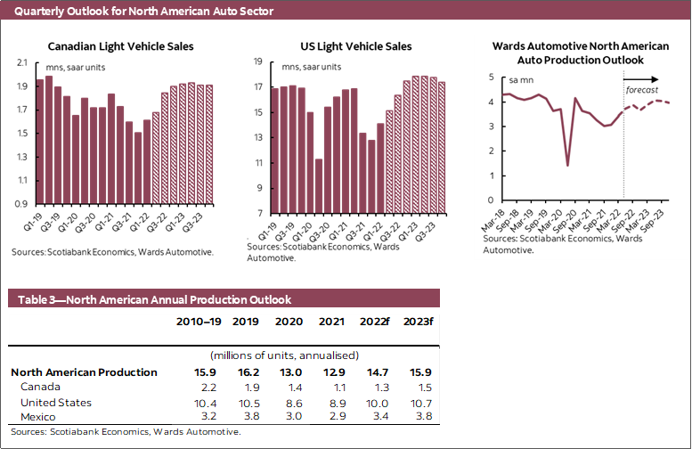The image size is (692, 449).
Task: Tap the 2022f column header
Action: point(373,322)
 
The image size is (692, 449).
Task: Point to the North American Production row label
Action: point(84,372)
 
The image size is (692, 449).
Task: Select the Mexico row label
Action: point(38,417)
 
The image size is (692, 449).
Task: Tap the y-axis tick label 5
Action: point(492,78)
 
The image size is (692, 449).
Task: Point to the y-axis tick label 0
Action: point(492,200)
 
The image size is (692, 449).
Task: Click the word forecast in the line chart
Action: point(642,91)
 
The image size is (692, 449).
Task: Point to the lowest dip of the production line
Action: point(567,166)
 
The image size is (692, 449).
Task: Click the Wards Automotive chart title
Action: point(581,53)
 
